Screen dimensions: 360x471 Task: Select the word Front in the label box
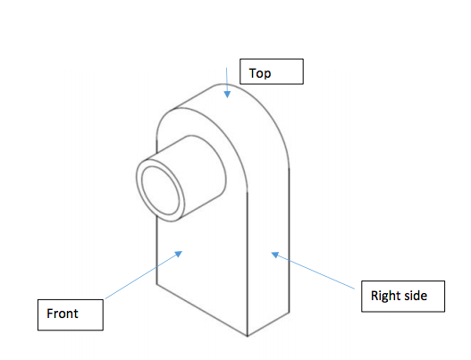(x=64, y=314)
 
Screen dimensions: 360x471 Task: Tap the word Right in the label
(x=387, y=294)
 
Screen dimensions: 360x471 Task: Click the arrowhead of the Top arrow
(x=227, y=95)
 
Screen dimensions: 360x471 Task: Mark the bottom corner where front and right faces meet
(x=247, y=336)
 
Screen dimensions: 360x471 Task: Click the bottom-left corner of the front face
(x=157, y=285)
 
